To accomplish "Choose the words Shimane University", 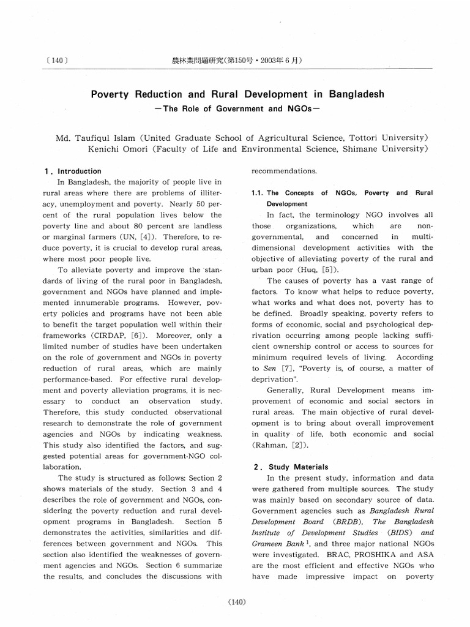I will point(387,149).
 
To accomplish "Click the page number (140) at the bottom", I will point(236,603).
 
